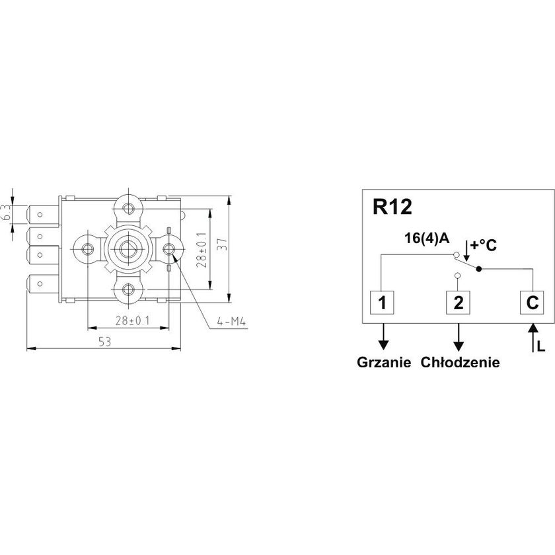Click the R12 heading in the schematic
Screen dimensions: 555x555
coord(392,207)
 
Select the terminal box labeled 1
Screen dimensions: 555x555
coord(382,303)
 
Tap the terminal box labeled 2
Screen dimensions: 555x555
coord(458,303)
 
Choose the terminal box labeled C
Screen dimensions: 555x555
coord(532,303)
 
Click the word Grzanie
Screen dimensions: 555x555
coord(384,363)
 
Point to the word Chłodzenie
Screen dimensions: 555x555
coord(460,363)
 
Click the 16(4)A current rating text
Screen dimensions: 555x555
coord(427,239)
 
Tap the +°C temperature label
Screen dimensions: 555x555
coord(484,245)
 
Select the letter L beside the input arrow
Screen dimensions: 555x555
coord(541,347)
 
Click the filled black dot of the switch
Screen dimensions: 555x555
coord(479,269)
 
